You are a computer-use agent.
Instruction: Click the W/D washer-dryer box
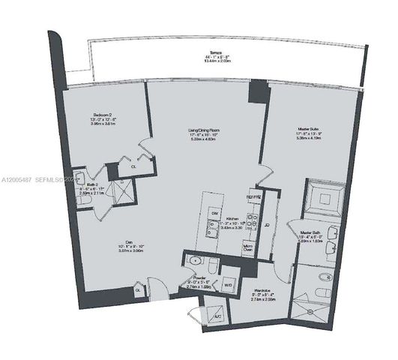coord(228,284)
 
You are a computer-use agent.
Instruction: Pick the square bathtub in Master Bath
coord(325,199)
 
